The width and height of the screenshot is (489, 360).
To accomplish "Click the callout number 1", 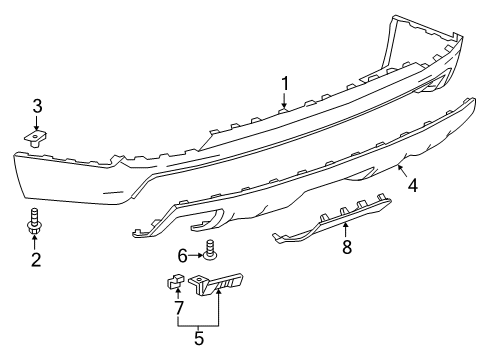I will coord(284,83).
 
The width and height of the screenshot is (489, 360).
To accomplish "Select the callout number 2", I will coord(36,262).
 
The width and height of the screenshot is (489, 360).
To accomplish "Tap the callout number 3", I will coord(36,104).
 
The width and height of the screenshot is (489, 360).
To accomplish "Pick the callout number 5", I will coord(200,339).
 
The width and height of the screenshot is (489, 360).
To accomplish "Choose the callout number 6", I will coord(181,257).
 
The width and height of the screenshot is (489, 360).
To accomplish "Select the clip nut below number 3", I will coord(36,136).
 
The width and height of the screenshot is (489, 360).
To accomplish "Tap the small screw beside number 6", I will coord(210,250).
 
